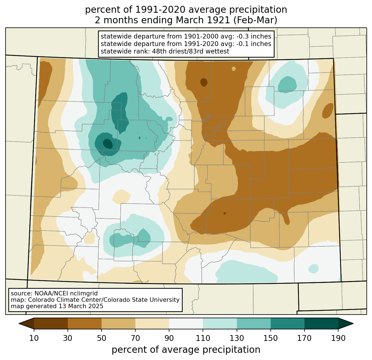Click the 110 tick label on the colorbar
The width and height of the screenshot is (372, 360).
click(x=203, y=338)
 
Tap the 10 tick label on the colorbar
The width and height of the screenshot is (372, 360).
click(x=34, y=338)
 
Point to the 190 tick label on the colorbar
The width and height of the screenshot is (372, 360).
click(x=338, y=338)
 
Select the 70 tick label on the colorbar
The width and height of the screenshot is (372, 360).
click(x=135, y=338)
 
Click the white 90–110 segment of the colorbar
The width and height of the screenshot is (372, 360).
click(x=186, y=323)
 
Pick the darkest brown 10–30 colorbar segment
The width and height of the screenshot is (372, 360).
click(x=51, y=323)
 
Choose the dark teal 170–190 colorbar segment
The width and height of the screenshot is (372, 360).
click(x=321, y=323)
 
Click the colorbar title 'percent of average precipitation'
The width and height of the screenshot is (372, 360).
click(x=186, y=350)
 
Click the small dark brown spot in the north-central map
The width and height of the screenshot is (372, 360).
click(x=204, y=82)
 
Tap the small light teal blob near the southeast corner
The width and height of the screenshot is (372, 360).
click(x=314, y=268)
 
